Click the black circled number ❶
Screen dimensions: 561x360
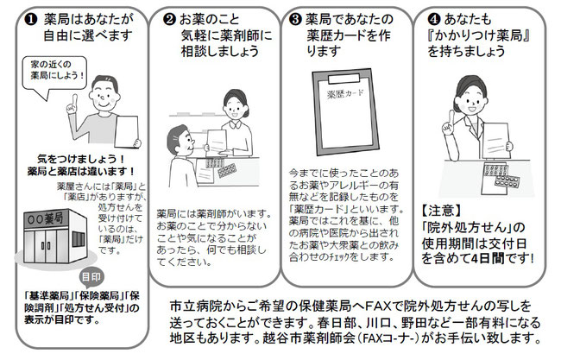[31, 20]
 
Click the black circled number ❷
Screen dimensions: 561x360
[169, 19]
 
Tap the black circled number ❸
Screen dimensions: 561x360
[295, 19]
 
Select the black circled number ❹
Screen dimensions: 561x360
[433, 19]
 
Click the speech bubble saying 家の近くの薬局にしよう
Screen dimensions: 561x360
[54, 74]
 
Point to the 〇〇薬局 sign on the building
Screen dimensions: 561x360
[45, 218]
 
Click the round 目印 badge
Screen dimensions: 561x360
[91, 277]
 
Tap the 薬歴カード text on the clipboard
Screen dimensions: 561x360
[345, 94]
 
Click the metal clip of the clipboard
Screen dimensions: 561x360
[344, 79]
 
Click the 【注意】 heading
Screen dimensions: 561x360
[441, 211]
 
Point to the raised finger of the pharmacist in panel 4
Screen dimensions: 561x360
[451, 117]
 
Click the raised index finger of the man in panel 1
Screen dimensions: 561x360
[75, 100]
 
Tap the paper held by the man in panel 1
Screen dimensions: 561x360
[126, 131]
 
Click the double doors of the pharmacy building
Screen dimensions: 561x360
[46, 246]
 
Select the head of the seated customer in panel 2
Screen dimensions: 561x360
[180, 140]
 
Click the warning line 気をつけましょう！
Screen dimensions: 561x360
[82, 159]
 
